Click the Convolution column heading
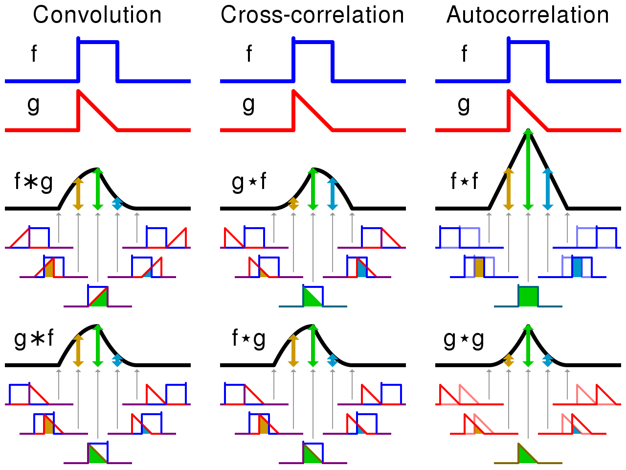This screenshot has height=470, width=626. pyautogui.click(x=97, y=15)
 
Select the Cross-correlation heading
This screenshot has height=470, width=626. pyautogui.click(x=312, y=15)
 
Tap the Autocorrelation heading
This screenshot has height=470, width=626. pyautogui.click(x=527, y=15)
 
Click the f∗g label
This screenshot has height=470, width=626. pyautogui.click(x=33, y=182)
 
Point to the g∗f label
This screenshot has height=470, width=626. pyautogui.click(x=33, y=339)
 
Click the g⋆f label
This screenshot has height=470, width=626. pyautogui.click(x=249, y=182)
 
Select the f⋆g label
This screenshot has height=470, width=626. pyautogui.click(x=249, y=339)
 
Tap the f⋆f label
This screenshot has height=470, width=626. pyautogui.click(x=464, y=182)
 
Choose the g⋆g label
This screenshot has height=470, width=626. pyautogui.click(x=464, y=339)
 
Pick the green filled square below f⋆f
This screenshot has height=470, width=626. pyautogui.click(x=528, y=297)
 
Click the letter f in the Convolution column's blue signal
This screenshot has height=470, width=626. pyautogui.click(x=34, y=54)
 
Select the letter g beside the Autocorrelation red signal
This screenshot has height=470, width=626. pyautogui.click(x=464, y=104)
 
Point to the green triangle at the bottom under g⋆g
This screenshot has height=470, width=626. pyautogui.click(x=525, y=456)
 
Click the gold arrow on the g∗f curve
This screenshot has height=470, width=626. pyautogui.click(x=78, y=350)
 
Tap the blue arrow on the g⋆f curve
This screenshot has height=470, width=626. pyautogui.click(x=333, y=194)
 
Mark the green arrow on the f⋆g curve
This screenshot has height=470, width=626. pyautogui.click(x=313, y=346)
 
